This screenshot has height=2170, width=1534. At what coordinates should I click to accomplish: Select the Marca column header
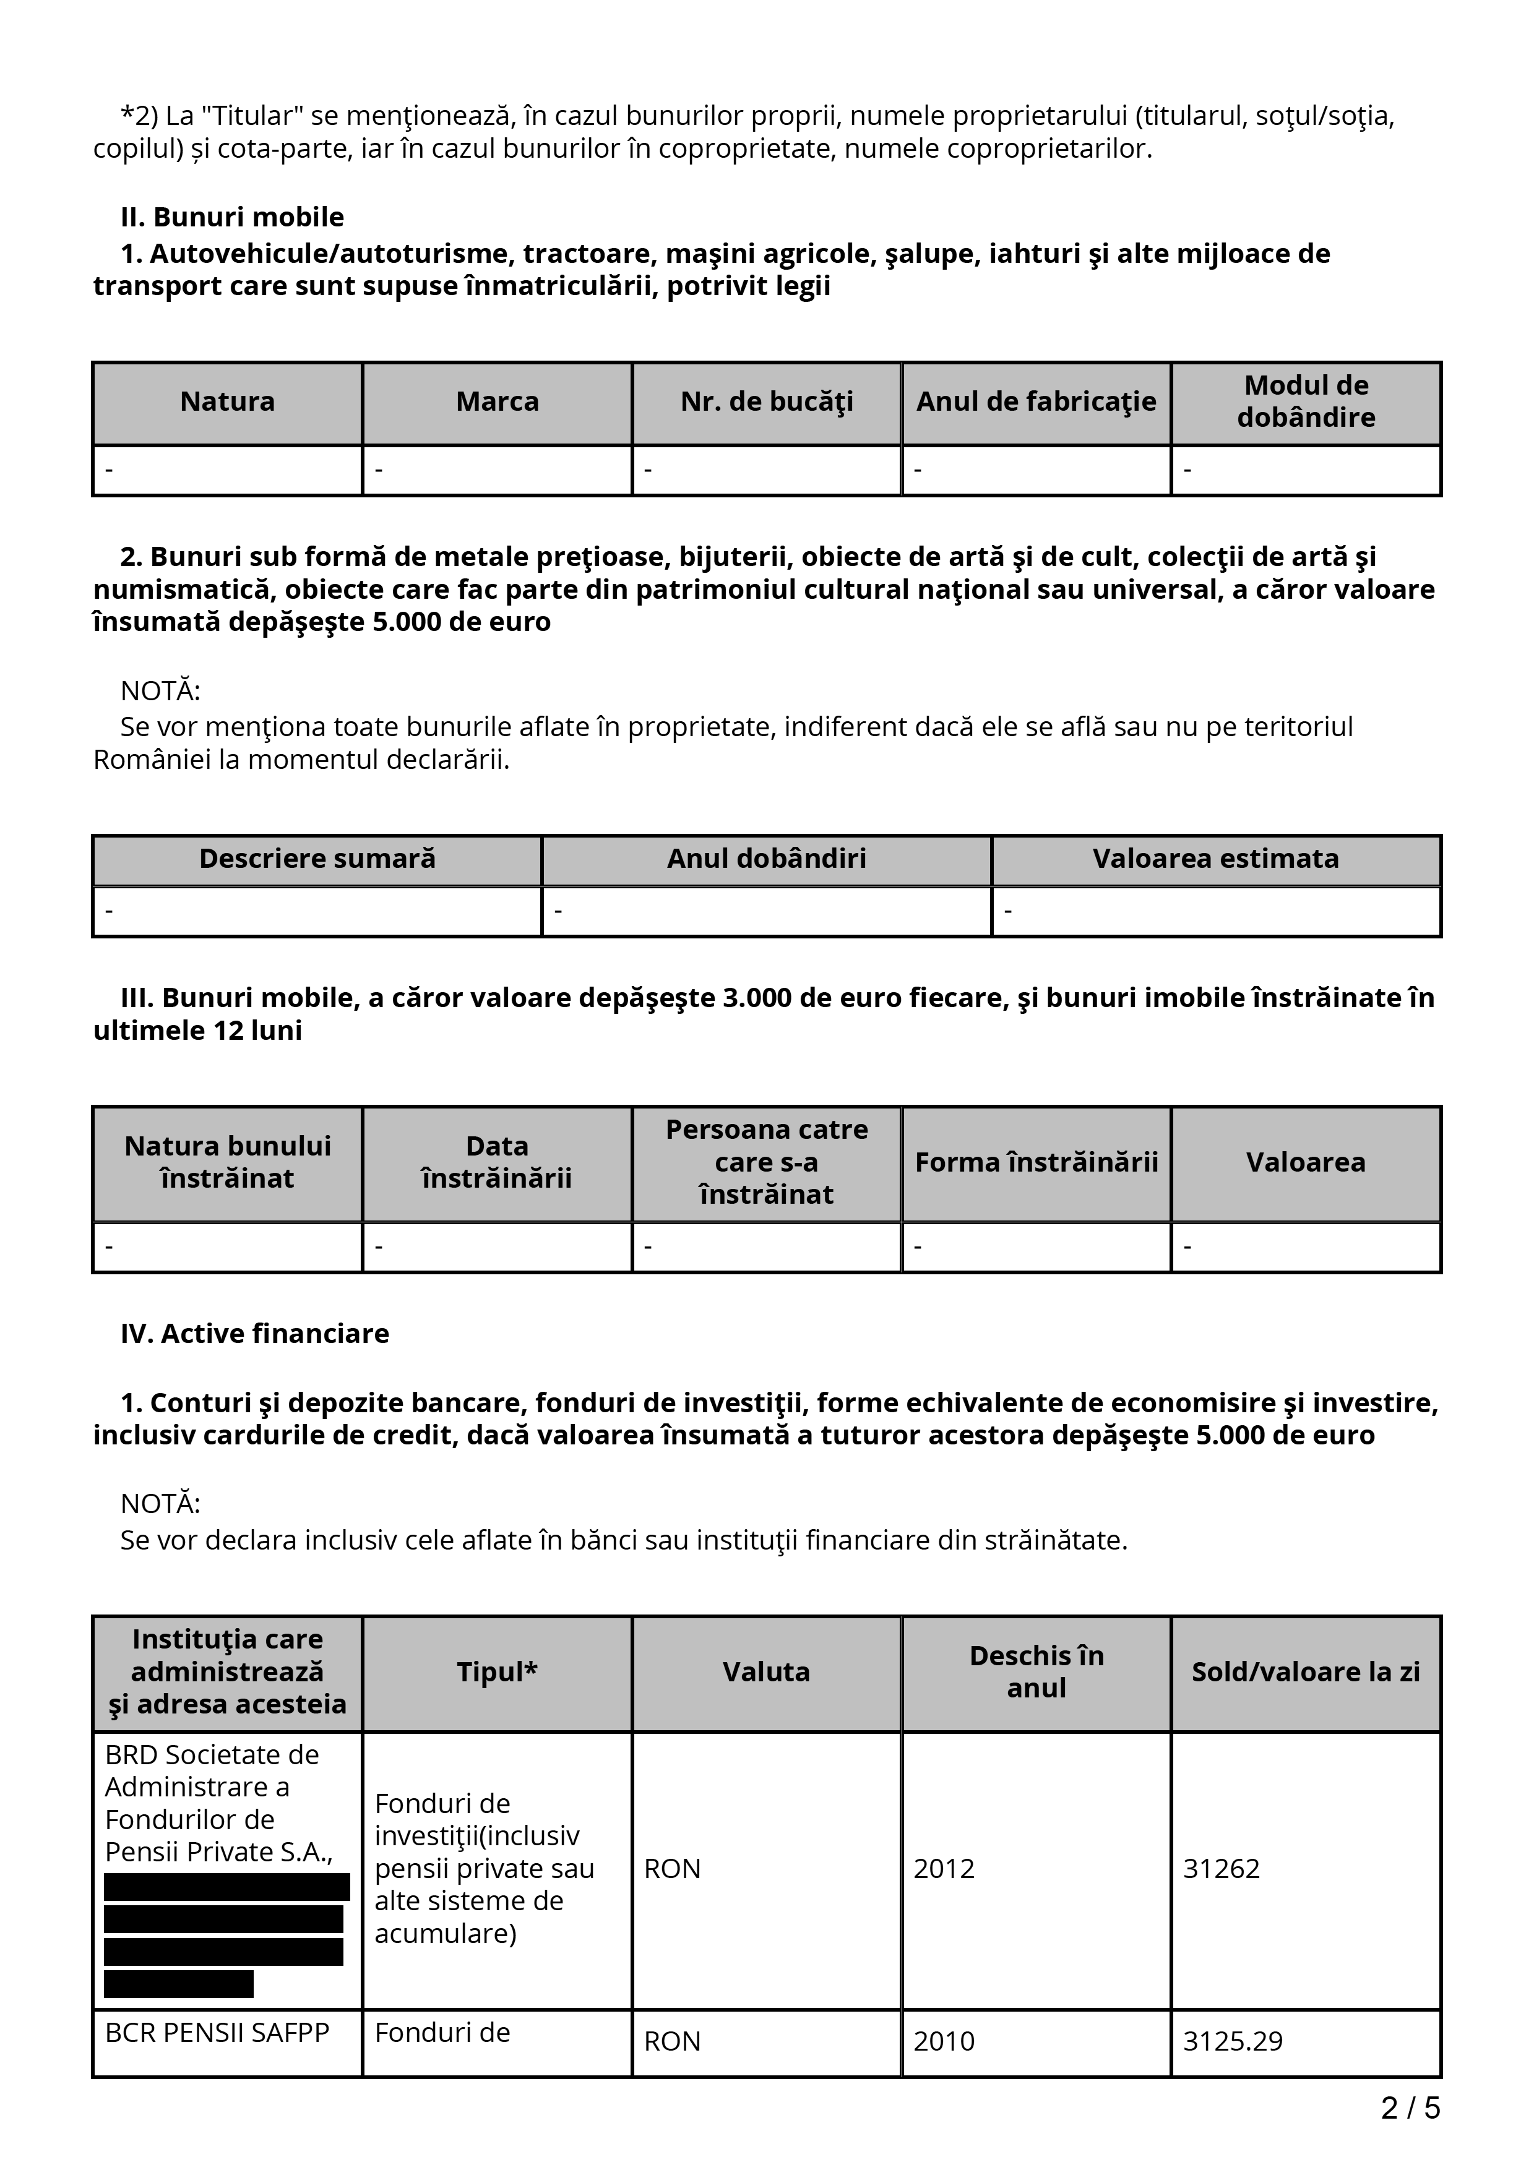click(x=497, y=401)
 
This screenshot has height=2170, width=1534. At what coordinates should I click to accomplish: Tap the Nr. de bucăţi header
click(x=767, y=401)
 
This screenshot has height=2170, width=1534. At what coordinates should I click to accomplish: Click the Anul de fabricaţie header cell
click(x=1036, y=401)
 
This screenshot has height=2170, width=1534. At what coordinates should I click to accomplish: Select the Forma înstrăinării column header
click(x=1036, y=1162)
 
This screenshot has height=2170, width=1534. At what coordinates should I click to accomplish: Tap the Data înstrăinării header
click(x=497, y=1162)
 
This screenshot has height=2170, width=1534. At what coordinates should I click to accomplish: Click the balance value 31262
click(x=1221, y=1869)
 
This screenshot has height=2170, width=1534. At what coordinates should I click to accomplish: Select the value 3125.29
click(x=1233, y=2041)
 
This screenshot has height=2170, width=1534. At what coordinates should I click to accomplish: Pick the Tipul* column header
click(x=497, y=1672)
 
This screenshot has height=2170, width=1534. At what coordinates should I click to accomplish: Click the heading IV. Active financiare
click(x=255, y=1334)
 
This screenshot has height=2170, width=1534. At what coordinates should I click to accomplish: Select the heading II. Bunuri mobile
click(x=233, y=217)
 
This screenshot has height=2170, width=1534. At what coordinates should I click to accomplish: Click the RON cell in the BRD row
click(x=672, y=1869)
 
